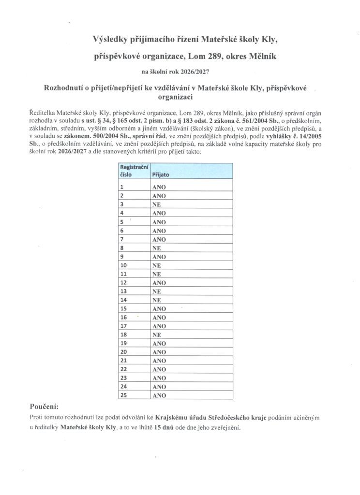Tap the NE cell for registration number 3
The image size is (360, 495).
pyautogui.click(x=156, y=204)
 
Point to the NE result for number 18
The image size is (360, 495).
pyautogui.click(x=156, y=335)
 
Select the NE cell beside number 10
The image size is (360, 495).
pyautogui.click(x=156, y=265)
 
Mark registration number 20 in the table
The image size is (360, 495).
pyautogui.click(x=123, y=351)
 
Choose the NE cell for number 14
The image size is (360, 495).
pyautogui.click(x=156, y=300)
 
